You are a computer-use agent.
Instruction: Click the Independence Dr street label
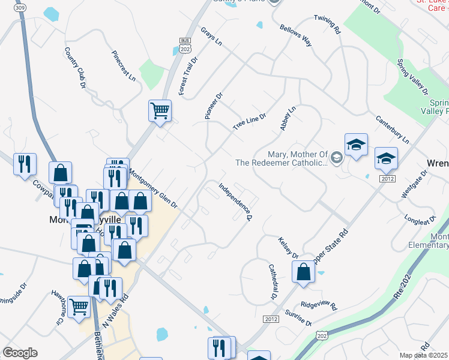coord(235,202)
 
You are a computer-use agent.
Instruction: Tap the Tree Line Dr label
coord(249,121)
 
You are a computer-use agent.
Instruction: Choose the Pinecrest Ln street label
coord(123,65)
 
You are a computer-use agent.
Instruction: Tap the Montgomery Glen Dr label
coord(153,188)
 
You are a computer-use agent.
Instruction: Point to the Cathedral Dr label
coord(271,282)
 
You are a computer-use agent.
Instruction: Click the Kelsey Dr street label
coord(288,247)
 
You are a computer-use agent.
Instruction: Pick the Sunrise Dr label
coord(299,319)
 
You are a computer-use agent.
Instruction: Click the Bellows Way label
coord(295,35)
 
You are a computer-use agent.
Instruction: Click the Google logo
coord(20,352)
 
